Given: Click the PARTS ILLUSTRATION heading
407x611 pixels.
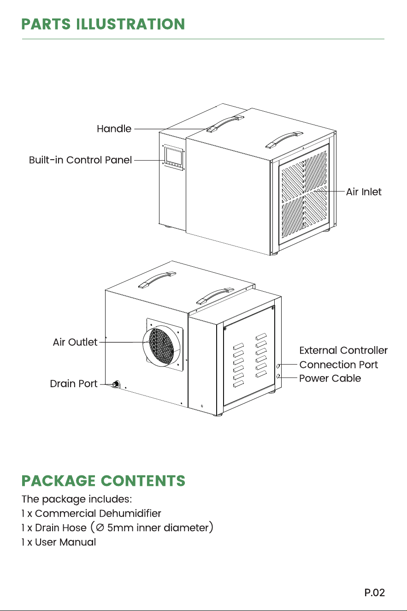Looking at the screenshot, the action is tap(103, 24).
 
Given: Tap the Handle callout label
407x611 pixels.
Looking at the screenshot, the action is tap(114, 129).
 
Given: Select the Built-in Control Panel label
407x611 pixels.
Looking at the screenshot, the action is tap(80, 160).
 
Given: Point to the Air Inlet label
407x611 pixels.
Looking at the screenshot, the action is tap(364, 192).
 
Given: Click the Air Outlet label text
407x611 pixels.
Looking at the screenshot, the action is tap(75, 342).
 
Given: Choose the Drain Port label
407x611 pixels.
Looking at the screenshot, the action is tap(74, 384).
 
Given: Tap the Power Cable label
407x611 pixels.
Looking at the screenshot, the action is tap(330, 378).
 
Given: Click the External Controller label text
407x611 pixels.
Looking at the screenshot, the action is tap(343, 350).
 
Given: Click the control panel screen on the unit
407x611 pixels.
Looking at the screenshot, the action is tap(174, 156).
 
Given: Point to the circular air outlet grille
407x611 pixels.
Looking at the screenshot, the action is tap(161, 346).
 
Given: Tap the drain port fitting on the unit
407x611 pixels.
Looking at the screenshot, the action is tap(116, 384).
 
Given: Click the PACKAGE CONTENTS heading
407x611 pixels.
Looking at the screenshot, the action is tap(103, 481).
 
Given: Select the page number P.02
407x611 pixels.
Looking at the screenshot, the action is tap(375, 593).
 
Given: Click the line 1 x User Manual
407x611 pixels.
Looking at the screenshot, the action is tap(59, 542).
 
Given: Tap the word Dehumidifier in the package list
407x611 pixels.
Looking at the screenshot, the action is tap(130, 513).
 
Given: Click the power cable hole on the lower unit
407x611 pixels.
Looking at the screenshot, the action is tap(278, 377).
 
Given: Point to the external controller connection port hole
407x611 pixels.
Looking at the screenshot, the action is tap(278, 366).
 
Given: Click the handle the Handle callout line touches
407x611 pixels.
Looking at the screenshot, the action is tap(225, 124).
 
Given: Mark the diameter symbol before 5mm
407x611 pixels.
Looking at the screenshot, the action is tap(100, 528).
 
